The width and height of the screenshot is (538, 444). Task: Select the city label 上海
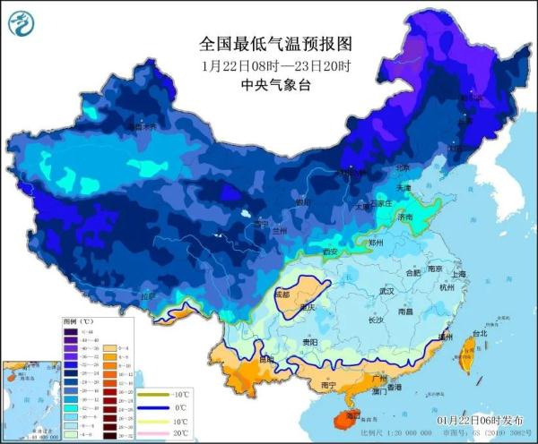[x=458, y=275]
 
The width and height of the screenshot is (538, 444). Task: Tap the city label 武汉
[x=387, y=291]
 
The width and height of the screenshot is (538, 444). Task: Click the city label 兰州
[x=282, y=231]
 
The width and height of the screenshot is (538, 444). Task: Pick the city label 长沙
[x=377, y=319]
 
